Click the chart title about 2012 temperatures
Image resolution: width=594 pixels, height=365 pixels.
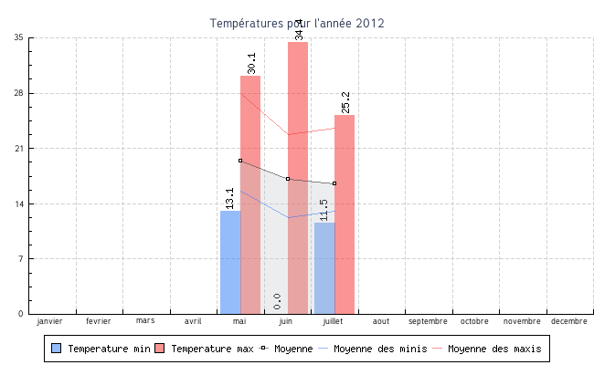coord(297,23)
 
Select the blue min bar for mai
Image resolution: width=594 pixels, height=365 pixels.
coord(230,263)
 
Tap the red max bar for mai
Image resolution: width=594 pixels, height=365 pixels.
coord(250,195)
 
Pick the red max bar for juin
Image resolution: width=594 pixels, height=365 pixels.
coord(298,178)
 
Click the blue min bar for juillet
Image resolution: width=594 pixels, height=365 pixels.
coord(324,268)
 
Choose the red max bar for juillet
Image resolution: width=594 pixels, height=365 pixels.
coord(345,214)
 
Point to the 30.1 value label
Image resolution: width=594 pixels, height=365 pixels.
coord(251,63)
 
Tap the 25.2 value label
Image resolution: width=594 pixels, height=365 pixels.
coord(345,102)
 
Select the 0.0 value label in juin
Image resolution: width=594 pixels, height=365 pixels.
coord(277,301)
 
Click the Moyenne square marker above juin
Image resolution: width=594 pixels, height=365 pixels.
coord(288,179)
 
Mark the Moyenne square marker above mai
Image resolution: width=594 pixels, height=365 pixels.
coord(240,161)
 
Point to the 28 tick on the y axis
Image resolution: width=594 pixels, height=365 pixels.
coord(19,93)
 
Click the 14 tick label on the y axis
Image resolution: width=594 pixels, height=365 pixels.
coord(19,203)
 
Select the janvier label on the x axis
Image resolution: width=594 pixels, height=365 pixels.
coord(50,321)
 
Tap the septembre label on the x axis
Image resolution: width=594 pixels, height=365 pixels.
coord(428,321)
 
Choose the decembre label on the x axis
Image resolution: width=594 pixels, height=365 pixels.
coord(568,321)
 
